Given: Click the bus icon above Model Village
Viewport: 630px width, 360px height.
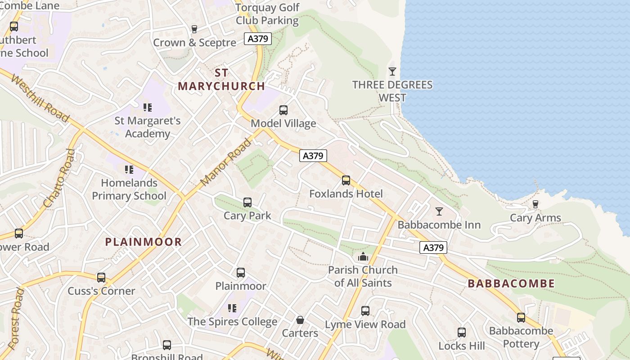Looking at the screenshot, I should click(283, 110).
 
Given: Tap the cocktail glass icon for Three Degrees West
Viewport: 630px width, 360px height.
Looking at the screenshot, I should click(392, 72).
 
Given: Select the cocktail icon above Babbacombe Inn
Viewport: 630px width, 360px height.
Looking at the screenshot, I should click(439, 211).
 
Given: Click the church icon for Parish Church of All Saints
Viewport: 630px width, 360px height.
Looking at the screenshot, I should click(363, 257).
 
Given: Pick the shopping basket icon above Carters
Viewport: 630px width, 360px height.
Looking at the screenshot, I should click(300, 320).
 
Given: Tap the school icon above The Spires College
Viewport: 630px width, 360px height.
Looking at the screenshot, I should click(232, 308).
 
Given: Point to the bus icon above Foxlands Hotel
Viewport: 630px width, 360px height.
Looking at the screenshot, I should click(346, 180).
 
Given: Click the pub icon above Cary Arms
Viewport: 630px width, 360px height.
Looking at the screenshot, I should click(535, 204).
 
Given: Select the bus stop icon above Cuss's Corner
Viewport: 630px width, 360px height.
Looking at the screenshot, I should click(101, 278).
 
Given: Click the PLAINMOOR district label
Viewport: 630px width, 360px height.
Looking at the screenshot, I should click(144, 242).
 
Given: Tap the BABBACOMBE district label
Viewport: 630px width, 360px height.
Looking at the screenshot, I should click(511, 283).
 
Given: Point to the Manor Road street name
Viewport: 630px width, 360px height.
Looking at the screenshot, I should click(226, 162).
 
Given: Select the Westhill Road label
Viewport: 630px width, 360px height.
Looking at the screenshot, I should click(40, 98).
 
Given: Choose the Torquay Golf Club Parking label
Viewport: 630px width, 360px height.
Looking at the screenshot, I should click(267, 14).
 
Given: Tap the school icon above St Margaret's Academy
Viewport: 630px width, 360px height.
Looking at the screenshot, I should click(148, 108).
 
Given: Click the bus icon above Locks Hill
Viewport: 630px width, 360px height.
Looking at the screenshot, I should click(462, 333).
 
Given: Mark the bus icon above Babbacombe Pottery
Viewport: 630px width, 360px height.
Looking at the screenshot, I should click(521, 318).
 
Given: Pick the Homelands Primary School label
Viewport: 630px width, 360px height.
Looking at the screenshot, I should click(129, 189).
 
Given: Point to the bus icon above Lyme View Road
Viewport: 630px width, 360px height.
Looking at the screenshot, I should click(365, 311).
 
